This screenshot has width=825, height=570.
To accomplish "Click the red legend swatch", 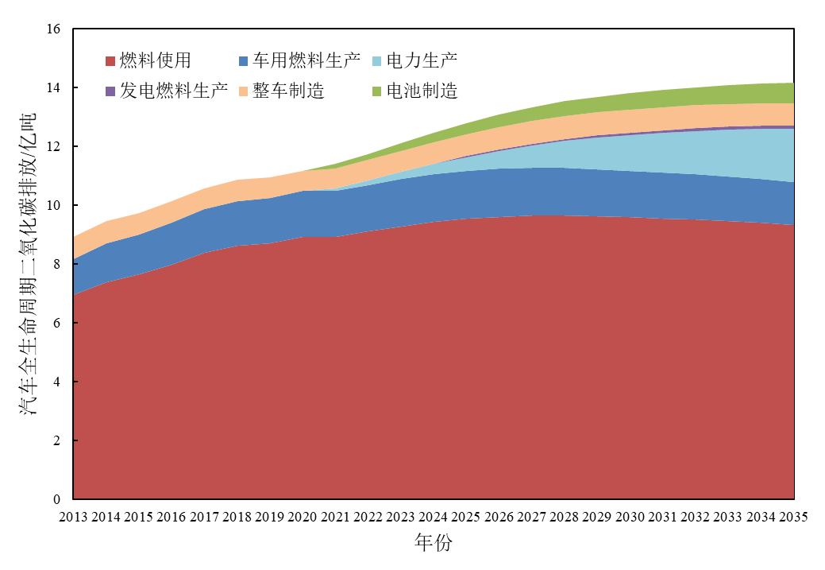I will point(110,61).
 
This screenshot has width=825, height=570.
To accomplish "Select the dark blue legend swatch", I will point(243,61).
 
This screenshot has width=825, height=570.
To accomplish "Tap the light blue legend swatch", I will point(376,61).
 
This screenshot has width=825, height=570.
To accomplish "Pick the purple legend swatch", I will point(110,91).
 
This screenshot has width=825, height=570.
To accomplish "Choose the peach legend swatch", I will point(243,91).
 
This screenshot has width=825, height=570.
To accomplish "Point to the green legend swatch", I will point(376,91).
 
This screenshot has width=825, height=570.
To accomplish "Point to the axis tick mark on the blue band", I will point(75,264).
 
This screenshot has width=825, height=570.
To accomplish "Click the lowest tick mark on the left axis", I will point(75,440).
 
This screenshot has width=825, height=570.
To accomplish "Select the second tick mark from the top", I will point(75,323).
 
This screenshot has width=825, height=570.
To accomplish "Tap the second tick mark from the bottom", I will point(75,382).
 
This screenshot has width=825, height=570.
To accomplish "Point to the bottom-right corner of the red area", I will point(792,497).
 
